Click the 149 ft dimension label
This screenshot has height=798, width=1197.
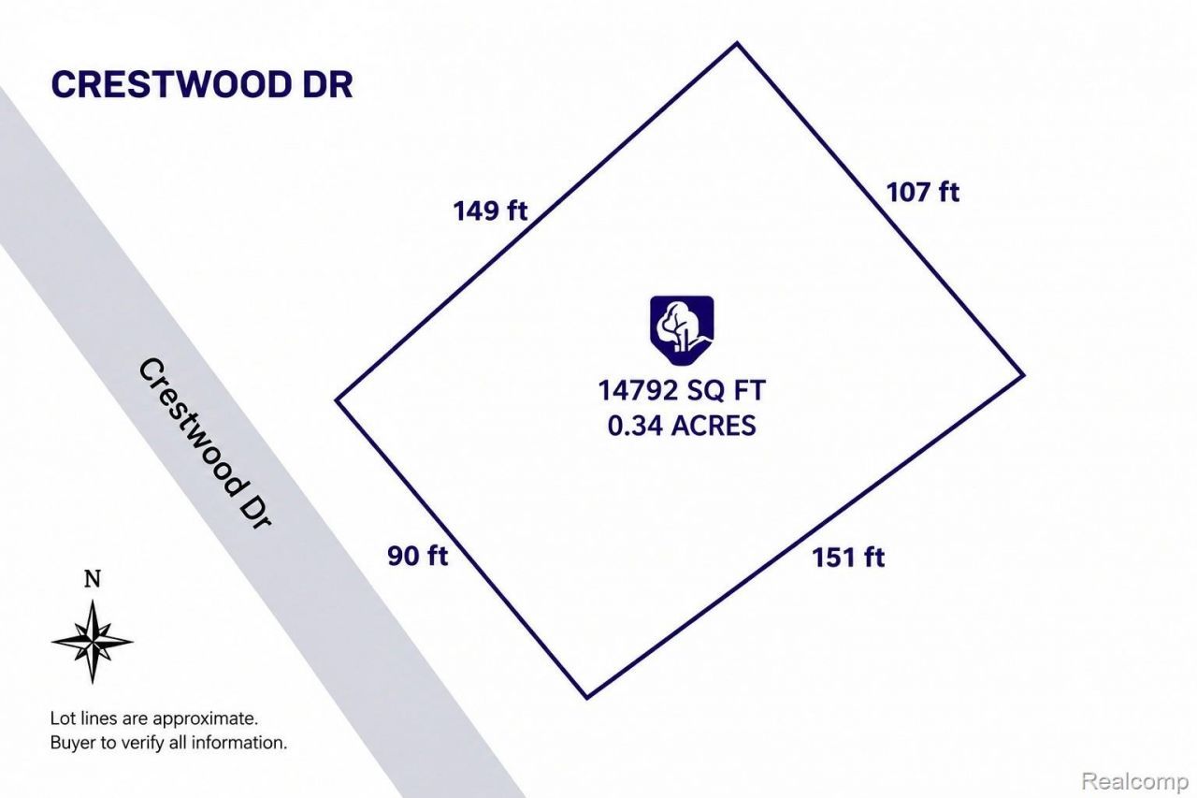pyautogui.click(x=490, y=210)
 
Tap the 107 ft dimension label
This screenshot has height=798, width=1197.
pyautogui.click(x=923, y=193)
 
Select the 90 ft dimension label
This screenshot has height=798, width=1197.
pyautogui.click(x=417, y=556)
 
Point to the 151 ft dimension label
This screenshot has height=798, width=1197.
pyautogui.click(x=848, y=558)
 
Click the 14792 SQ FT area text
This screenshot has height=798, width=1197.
pyautogui.click(x=682, y=390)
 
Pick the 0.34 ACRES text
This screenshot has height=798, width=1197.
pyautogui.click(x=682, y=426)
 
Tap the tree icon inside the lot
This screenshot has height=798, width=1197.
pyautogui.click(x=682, y=330)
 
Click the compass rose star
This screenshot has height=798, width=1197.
pyautogui.click(x=93, y=642)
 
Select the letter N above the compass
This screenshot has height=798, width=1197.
pyautogui.click(x=93, y=579)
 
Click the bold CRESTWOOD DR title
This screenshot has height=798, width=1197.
pyautogui.click(x=202, y=84)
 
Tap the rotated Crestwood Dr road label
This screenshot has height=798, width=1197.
pyautogui.click(x=205, y=443)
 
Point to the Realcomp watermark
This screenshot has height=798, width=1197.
pyautogui.click(x=1135, y=781)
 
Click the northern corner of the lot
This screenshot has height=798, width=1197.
pyautogui.click(x=738, y=43)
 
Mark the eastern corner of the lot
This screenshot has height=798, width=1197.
pyautogui.click(x=1024, y=375)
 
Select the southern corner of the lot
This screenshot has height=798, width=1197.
pyautogui.click(x=587, y=698)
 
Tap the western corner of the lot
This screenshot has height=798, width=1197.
pyautogui.click(x=336, y=399)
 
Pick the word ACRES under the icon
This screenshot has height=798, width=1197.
pyautogui.click(x=714, y=426)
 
